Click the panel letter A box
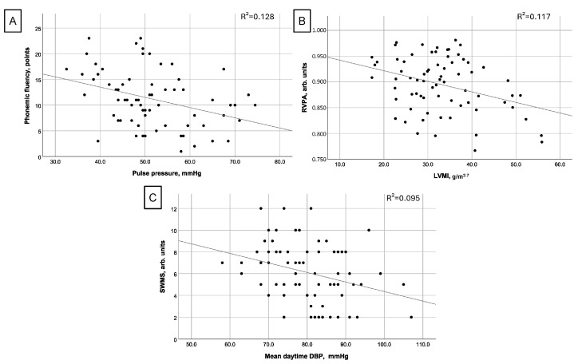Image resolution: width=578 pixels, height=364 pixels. tap(13, 21)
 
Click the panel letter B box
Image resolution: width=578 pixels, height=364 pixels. tap(302, 21)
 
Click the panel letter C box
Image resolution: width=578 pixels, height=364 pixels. tap(152, 197)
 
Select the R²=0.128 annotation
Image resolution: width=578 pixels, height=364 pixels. tap(257, 16)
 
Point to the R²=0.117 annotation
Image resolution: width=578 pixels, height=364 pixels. tap(533, 16)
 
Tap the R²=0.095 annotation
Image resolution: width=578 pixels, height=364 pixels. tap(403, 198)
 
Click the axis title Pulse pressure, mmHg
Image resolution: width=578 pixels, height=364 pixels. tap(167, 173)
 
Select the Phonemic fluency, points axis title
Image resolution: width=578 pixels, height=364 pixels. tap(27, 85)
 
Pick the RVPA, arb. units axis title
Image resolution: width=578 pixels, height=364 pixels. tap(304, 87)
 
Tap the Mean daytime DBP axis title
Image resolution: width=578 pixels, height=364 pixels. tap(307, 356)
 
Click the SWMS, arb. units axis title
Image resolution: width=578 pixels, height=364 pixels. tap(162, 267)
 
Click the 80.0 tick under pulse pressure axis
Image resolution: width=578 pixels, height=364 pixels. tap(279, 162)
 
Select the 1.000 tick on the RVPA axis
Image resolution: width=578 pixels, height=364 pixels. tap(319, 30)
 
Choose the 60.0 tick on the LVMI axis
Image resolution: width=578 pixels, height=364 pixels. tap(560, 164)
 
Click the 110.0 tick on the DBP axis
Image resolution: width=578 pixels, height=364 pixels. tap(423, 345)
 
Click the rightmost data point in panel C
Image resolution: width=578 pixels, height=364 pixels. tap(411, 317)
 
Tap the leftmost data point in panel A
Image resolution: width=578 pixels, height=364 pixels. tap(66, 69)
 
